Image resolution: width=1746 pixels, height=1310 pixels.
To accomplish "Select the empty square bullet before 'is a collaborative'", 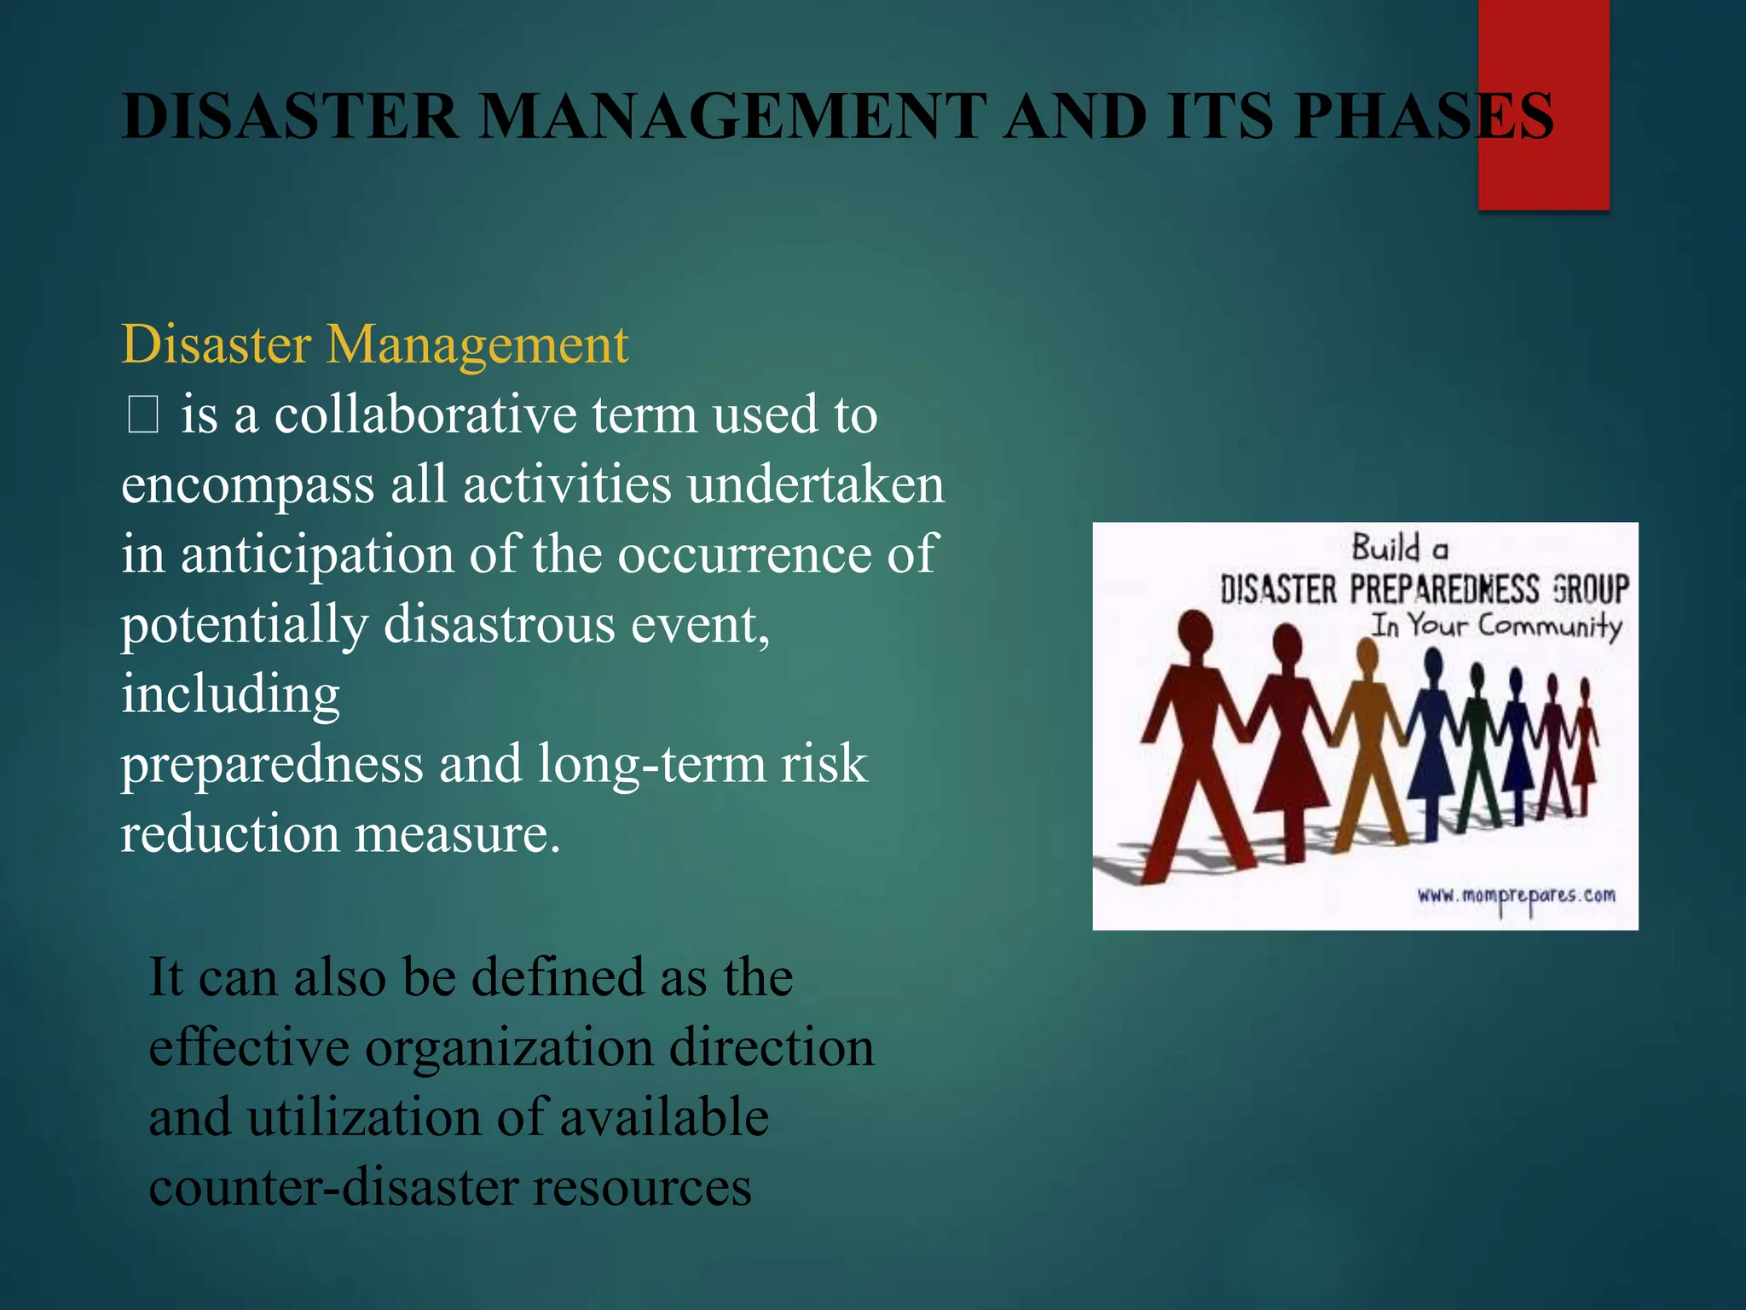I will click(x=142, y=417).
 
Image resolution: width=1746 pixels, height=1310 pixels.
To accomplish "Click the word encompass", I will click(x=247, y=486).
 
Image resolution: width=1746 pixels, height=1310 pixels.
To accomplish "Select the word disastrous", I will click(x=499, y=624).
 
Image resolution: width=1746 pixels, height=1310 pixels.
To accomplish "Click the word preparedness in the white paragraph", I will click(x=271, y=764).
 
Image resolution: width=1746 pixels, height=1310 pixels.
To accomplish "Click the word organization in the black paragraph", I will click(x=508, y=1047).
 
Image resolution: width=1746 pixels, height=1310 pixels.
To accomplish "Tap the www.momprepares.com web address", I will click(x=1516, y=896).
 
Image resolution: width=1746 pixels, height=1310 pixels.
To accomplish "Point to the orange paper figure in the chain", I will click(x=1367, y=742).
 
